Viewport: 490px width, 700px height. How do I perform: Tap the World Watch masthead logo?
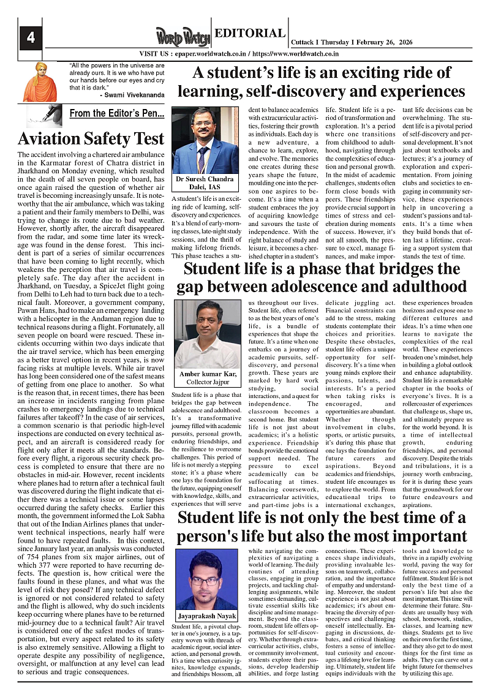pos(183,36)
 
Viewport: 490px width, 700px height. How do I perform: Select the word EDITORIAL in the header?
pos(249,34)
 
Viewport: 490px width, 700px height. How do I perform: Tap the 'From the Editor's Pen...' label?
pos(116,113)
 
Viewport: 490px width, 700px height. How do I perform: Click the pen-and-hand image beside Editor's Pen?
pos(44,115)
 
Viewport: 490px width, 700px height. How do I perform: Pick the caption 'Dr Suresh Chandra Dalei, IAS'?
pos(205,183)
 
